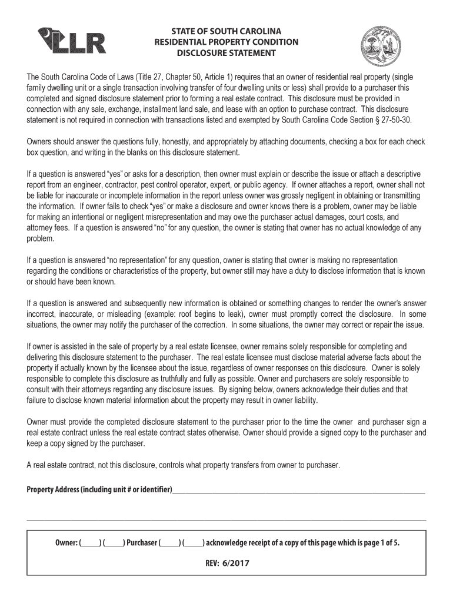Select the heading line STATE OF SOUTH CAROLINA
point(226,31)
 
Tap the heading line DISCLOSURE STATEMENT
point(226,53)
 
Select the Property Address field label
point(99,490)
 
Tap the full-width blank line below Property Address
point(226,520)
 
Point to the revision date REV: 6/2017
point(226,563)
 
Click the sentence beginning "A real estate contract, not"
point(184,465)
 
